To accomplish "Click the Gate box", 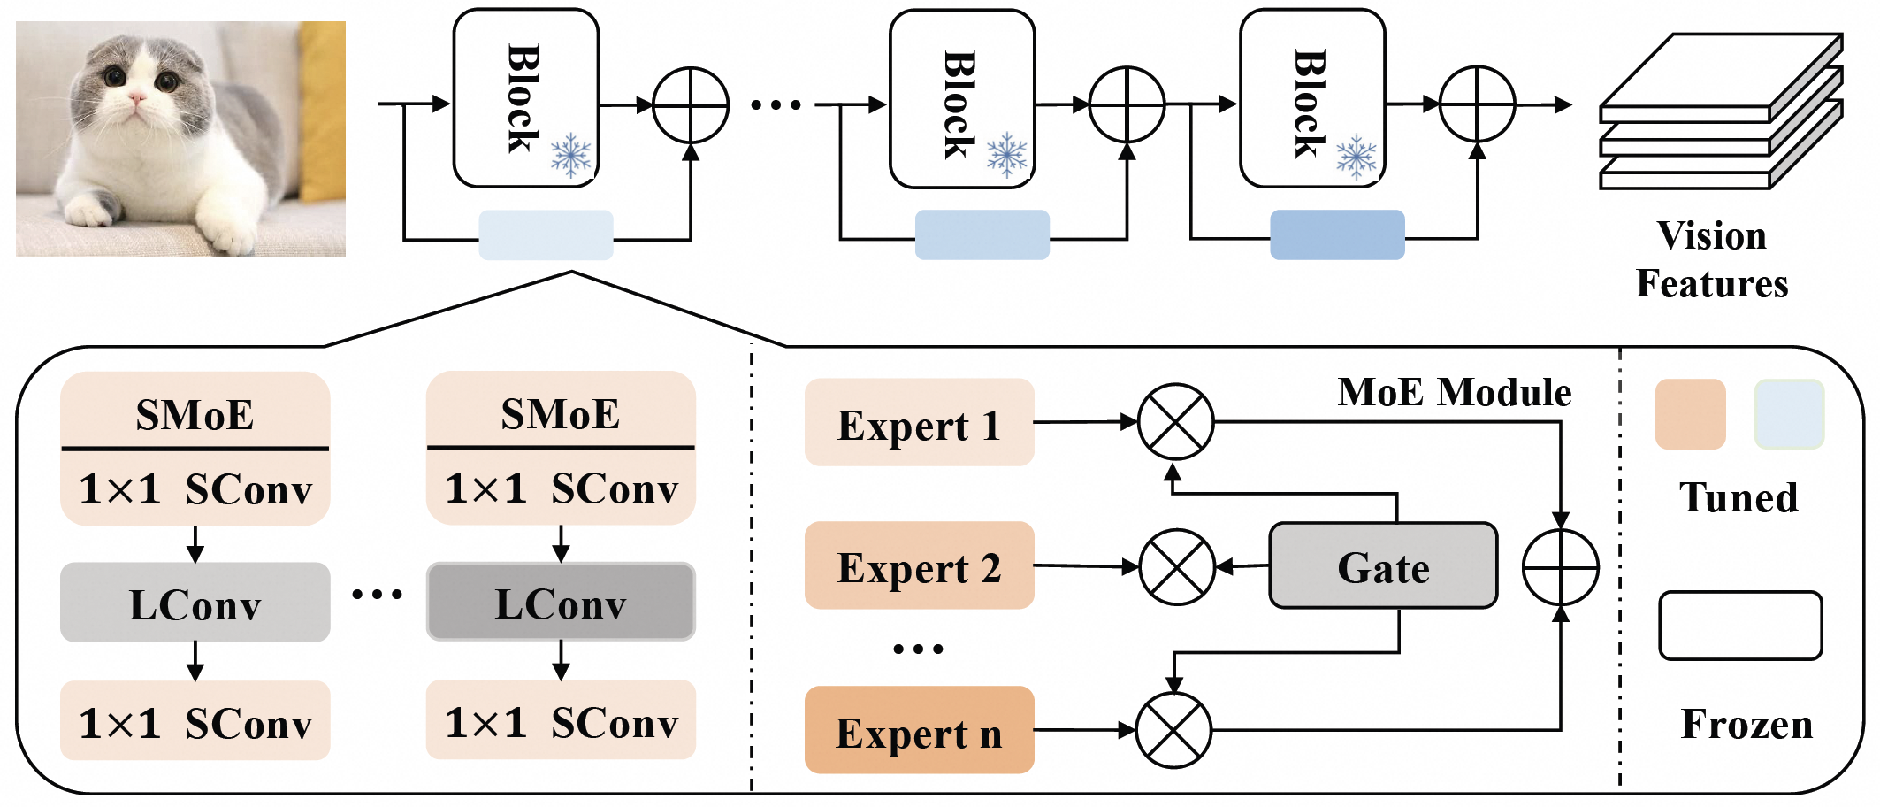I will click(x=1383, y=566).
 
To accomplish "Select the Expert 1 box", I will click(x=919, y=423).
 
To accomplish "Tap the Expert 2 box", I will click(x=919, y=565).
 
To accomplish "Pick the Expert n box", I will click(x=919, y=730).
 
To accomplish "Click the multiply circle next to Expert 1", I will click(x=1175, y=422).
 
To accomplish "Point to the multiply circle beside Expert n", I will click(x=1173, y=730).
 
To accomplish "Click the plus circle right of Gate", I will click(x=1561, y=567).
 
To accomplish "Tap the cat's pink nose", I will click(x=137, y=96).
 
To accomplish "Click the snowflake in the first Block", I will click(x=571, y=157).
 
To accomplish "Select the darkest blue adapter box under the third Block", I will click(x=1337, y=235).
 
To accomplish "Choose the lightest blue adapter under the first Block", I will click(x=546, y=235).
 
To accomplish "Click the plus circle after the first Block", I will click(x=691, y=105).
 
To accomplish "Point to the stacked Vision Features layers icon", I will click(x=1720, y=113).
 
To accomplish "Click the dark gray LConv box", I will click(x=561, y=602).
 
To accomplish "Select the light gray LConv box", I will click(x=195, y=603).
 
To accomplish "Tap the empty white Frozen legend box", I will click(x=1740, y=626).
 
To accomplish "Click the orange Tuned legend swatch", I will click(x=1690, y=414).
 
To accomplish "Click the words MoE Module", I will click(x=1455, y=392).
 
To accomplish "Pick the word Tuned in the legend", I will click(x=1739, y=497).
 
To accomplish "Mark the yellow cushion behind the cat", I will click(x=322, y=106).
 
